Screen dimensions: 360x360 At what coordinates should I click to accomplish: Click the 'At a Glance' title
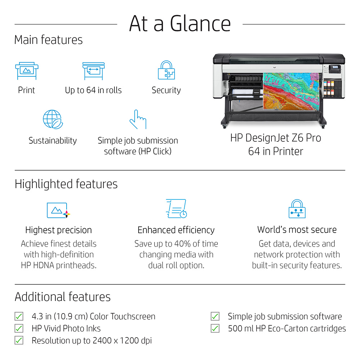180,23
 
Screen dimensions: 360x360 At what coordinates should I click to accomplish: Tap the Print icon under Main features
27,71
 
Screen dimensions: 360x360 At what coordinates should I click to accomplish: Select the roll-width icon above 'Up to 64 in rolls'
94,71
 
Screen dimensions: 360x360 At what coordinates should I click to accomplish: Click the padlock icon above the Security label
166,70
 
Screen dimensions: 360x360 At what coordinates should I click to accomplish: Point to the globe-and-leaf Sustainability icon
53,120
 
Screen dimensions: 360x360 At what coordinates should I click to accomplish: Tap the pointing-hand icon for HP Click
138,120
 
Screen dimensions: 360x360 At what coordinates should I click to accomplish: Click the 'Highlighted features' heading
66,184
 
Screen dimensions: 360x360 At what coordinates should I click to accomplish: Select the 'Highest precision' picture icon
58,210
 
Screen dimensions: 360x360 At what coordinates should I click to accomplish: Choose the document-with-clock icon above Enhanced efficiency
176,208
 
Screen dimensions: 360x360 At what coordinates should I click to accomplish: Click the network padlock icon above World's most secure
297,209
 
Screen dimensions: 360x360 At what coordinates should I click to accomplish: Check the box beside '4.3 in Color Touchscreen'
19,316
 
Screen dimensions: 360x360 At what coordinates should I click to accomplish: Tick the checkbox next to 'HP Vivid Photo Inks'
19,328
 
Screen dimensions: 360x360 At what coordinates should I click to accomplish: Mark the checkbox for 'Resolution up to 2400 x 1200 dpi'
19,340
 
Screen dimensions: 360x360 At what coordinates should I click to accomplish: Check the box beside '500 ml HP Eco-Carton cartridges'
215,328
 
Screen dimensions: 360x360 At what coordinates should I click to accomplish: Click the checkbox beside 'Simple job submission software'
215,316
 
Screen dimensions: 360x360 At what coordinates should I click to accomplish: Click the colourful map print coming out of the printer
291,91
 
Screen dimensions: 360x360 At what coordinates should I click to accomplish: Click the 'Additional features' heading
63,297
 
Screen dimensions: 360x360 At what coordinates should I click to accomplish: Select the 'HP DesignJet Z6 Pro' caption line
276,138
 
